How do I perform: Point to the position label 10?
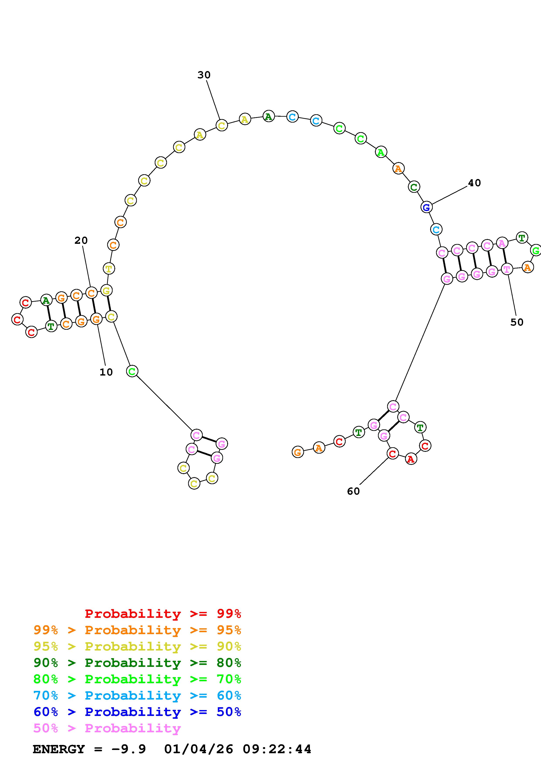pyautogui.click(x=106, y=372)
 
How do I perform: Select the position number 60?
pyautogui.click(x=353, y=491)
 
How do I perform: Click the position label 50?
pyautogui.click(x=517, y=322)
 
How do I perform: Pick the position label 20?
pyautogui.click(x=81, y=240)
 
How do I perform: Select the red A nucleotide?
pyautogui.click(x=411, y=459)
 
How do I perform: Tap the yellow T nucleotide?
pyautogui.click(x=109, y=268)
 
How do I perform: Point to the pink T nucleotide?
pyautogui.click(x=507, y=269)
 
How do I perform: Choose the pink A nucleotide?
pyautogui.click(x=502, y=243)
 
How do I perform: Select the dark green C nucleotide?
pyautogui.click(x=414, y=187)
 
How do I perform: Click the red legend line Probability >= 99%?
pyautogui.click(x=163, y=614)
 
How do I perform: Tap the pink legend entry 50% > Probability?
pyautogui.click(x=107, y=728)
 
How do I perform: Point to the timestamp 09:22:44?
pyautogui.click(x=277, y=749)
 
